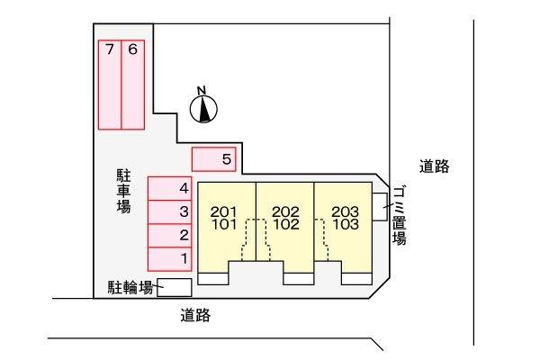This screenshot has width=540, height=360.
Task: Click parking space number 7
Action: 110,85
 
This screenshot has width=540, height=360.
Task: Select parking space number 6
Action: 133,85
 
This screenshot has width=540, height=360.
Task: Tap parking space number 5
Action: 214,159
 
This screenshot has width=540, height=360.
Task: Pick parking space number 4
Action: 170,188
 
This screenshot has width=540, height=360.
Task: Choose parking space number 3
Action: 170,212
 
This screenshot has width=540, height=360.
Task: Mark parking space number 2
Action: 170,236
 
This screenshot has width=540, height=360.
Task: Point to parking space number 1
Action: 170,259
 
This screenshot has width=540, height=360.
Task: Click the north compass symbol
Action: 203,109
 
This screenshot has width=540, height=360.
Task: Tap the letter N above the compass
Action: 202,91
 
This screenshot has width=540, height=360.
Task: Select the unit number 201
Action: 224,211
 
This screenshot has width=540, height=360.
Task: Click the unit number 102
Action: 286,224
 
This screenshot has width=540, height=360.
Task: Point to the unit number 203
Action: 346,211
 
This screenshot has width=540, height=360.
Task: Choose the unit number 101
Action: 224,224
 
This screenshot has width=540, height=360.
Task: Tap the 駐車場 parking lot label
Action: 123,191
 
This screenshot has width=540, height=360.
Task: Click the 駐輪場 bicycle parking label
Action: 130,287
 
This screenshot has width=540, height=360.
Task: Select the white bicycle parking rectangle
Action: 175,288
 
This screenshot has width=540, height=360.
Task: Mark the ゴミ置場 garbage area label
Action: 400,216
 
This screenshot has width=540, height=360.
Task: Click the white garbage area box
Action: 380,207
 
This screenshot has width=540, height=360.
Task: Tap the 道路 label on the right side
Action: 435,166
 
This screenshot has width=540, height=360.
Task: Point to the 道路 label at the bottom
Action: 195,315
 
